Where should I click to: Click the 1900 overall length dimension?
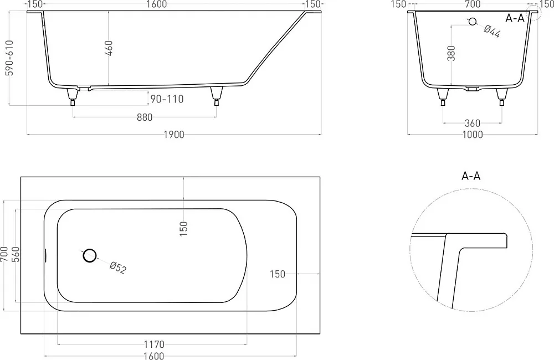174,135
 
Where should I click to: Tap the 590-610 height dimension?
9,58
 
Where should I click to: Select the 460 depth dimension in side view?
109,48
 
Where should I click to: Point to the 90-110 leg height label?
167,99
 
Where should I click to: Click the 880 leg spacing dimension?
145,117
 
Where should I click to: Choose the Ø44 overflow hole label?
492,31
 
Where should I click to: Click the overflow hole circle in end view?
472,22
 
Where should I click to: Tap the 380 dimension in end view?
451,53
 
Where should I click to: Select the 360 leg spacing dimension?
473,124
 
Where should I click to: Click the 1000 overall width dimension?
473,135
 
